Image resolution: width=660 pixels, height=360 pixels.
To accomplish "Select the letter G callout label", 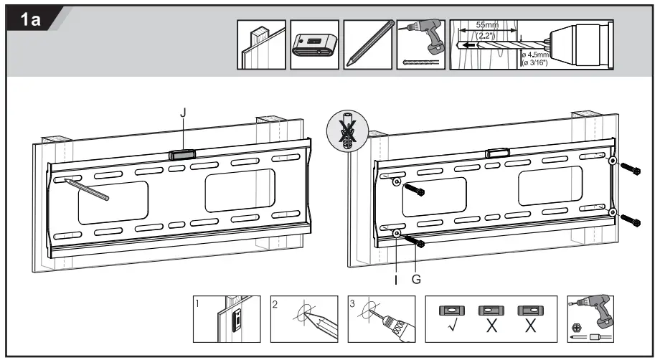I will [x=416, y=279].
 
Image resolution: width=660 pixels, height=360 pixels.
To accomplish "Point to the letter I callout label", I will [x=396, y=279].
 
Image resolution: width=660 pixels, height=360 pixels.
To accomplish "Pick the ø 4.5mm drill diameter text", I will [x=535, y=54].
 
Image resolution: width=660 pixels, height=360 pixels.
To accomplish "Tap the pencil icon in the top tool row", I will [x=369, y=44].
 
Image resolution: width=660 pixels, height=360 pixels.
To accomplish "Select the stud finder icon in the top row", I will [x=315, y=45].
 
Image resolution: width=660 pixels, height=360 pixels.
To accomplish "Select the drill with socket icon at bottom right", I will [x=590, y=319].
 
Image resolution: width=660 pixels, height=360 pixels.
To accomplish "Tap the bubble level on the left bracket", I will [x=184, y=153].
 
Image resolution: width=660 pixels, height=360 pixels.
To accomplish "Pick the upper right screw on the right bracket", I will [x=631, y=169].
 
